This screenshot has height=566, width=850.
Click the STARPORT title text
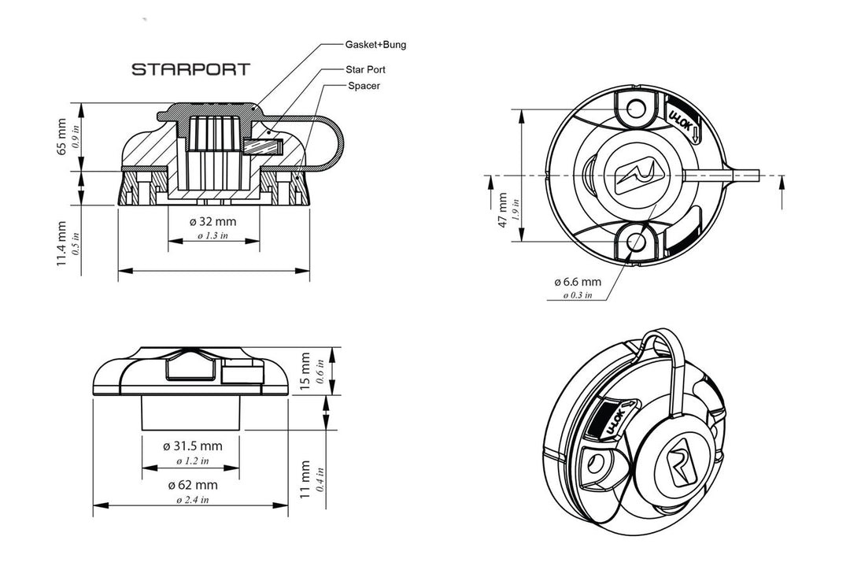190,69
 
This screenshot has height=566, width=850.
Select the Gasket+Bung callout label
375,45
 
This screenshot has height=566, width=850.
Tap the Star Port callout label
365,69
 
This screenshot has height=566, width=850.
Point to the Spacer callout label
363,85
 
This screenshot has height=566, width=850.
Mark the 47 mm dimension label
502,209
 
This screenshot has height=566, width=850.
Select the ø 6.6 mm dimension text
577,281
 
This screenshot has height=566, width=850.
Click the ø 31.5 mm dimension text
193,446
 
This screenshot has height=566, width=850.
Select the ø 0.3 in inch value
577,295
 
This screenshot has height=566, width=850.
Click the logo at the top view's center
640,175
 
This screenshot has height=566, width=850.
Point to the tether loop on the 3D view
666,354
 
